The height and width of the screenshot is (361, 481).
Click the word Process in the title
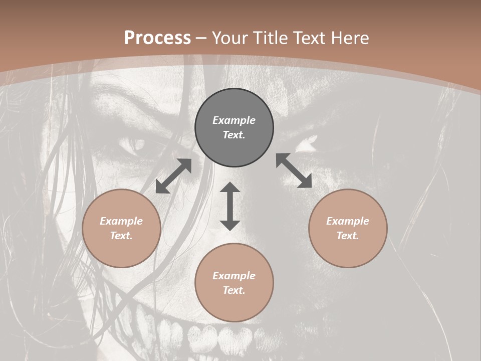click(x=157, y=38)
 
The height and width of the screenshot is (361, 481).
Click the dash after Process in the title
click(x=201, y=39)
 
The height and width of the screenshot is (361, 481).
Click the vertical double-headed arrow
click(x=230, y=206)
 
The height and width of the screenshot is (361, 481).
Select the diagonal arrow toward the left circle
click(x=173, y=176)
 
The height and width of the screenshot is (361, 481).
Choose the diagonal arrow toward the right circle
click(x=294, y=170)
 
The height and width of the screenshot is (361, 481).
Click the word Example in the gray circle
click(x=234, y=120)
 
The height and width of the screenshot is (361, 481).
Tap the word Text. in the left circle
click(x=121, y=236)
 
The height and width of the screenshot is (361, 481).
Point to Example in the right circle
click(x=348, y=221)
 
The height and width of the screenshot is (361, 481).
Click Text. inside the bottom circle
click(x=234, y=290)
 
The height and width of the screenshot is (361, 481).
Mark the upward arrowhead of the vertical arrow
click(x=230, y=188)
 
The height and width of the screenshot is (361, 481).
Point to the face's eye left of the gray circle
click(x=133, y=146)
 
